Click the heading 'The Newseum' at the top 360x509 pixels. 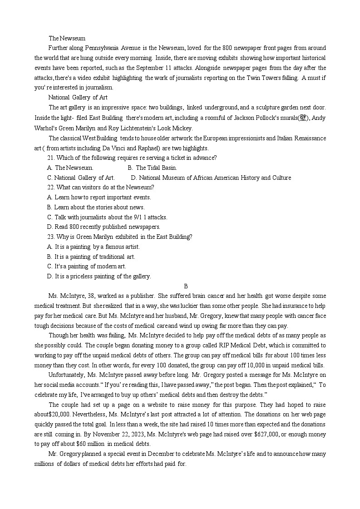tap(67, 38)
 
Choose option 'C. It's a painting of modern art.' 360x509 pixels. tap(87, 266)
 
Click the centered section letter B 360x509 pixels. tap(186, 286)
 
